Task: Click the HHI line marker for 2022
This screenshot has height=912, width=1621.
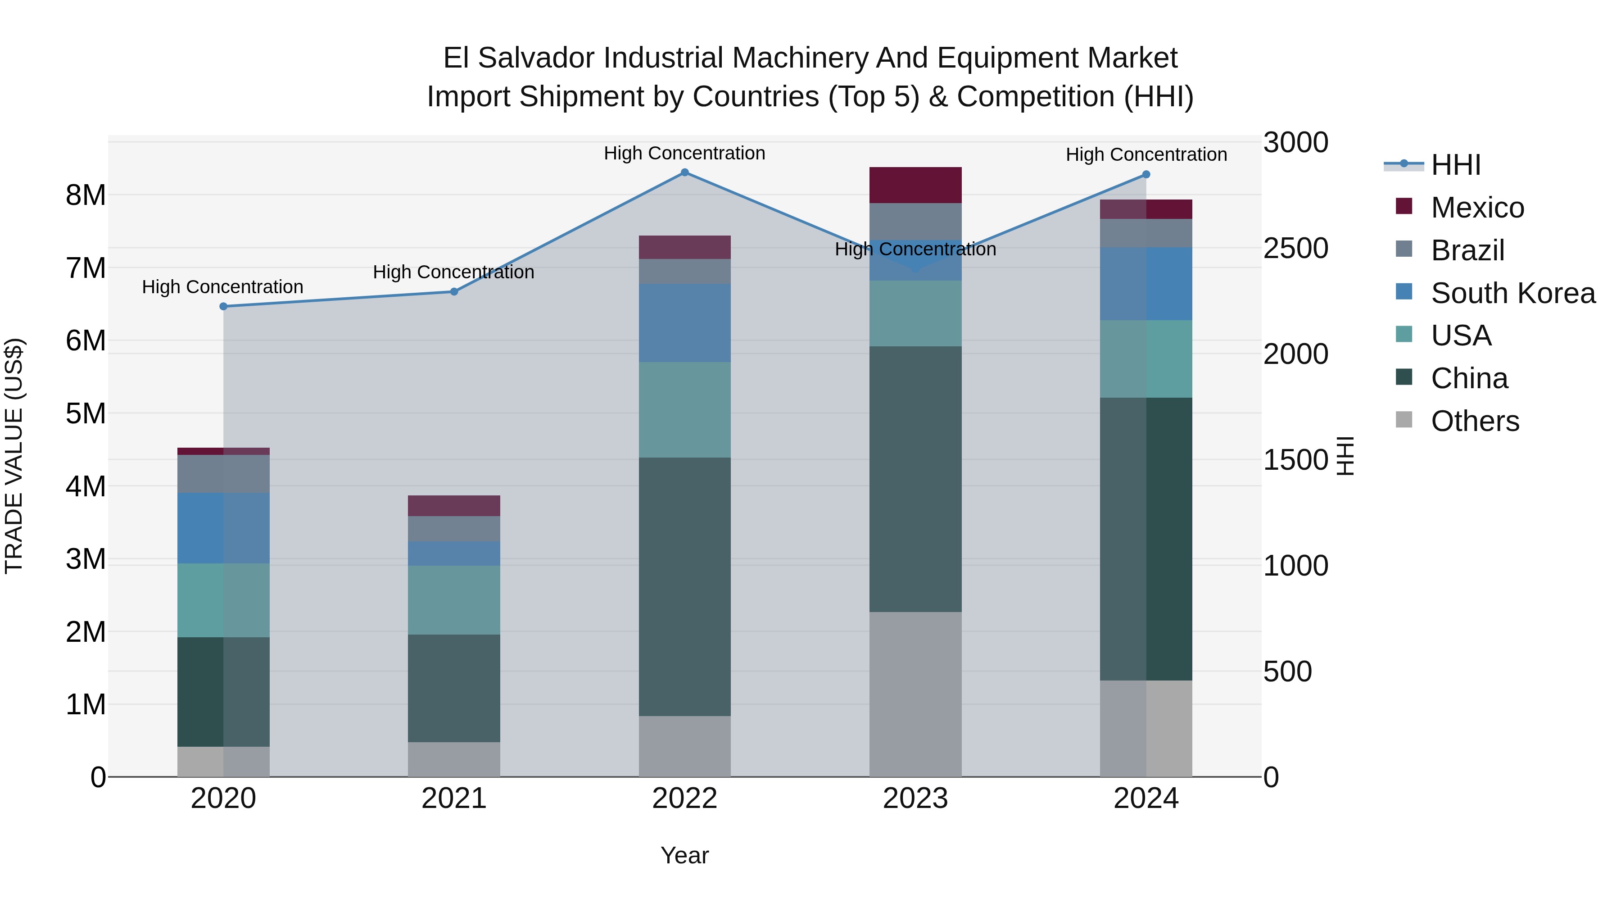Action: pyautogui.click(x=684, y=172)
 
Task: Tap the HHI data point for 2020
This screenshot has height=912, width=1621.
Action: pyautogui.click(x=223, y=307)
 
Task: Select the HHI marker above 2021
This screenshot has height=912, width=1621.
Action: pyautogui.click(x=454, y=292)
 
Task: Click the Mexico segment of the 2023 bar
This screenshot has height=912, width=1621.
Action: pyautogui.click(x=915, y=185)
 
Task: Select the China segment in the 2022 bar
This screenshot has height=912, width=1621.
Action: pyautogui.click(x=684, y=586)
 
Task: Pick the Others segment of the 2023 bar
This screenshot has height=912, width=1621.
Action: pyautogui.click(x=915, y=694)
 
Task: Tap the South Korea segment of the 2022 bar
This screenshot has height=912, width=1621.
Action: pyautogui.click(x=684, y=323)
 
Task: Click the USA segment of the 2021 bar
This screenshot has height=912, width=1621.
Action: pyautogui.click(x=454, y=600)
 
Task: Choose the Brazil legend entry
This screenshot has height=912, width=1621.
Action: pyautogui.click(x=1467, y=250)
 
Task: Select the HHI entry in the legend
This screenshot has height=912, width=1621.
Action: pyautogui.click(x=1455, y=165)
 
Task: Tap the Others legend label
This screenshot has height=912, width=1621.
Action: pyautogui.click(x=1474, y=421)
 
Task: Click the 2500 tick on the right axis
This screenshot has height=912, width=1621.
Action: pyautogui.click(x=1295, y=249)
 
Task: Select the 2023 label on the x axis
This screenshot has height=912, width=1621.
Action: pyautogui.click(x=915, y=799)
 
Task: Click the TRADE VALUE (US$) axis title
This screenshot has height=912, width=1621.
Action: pyautogui.click(x=14, y=456)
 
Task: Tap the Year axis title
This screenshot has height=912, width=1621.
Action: pyautogui.click(x=684, y=856)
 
